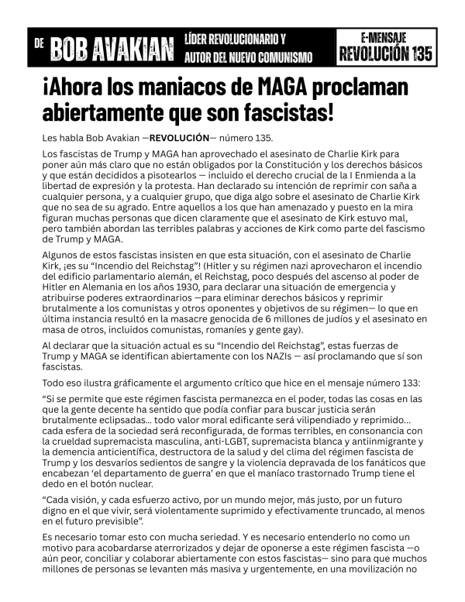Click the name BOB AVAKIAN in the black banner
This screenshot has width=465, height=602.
(112, 49)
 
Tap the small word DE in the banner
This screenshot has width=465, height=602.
(39, 44)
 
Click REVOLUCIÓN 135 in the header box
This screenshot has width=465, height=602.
(385, 53)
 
